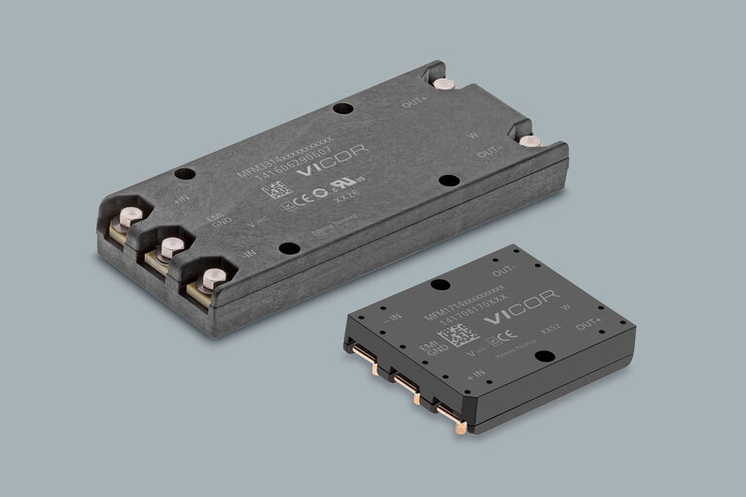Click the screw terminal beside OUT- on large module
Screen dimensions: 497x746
[526, 142]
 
